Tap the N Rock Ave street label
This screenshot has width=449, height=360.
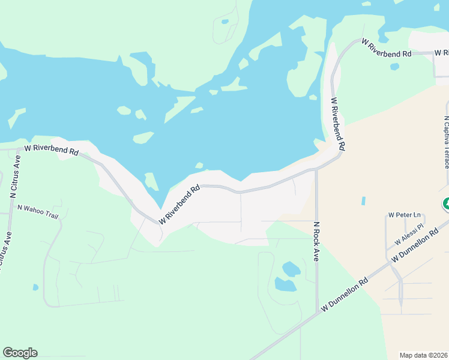(x=316, y=242)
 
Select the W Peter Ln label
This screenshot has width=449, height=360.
(x=402, y=214)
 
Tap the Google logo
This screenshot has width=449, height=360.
(x=20, y=353)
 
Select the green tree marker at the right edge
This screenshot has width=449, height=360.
(x=446, y=204)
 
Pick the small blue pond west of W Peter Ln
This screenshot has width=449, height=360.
(x=363, y=202)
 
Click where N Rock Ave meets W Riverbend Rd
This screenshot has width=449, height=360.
(x=316, y=170)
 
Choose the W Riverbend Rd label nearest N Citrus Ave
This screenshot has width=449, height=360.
(x=52, y=149)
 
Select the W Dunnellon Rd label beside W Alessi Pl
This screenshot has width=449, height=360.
(x=414, y=247)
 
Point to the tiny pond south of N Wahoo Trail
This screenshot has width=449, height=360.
(x=35, y=287)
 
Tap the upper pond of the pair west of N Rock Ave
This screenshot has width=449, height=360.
(x=291, y=268)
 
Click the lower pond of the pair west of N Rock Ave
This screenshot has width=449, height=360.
(x=286, y=284)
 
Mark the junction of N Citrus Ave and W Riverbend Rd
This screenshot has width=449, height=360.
(x=16, y=148)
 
